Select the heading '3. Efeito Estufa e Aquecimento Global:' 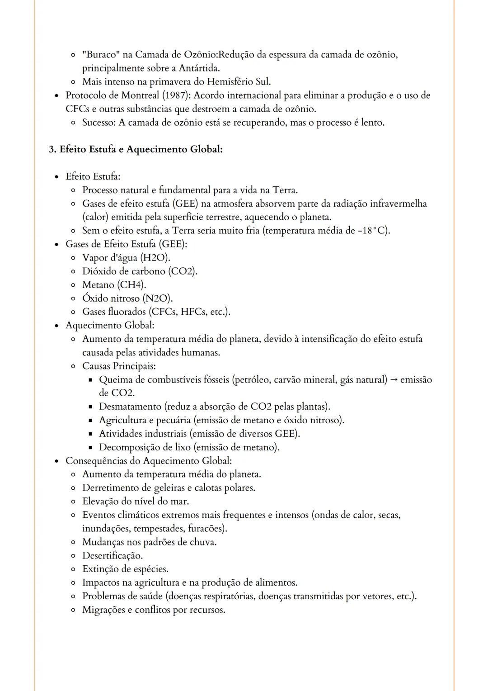[x=136, y=149]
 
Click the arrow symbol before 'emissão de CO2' [x=394, y=380]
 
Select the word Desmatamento [x=130, y=407]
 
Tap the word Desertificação [x=112, y=556]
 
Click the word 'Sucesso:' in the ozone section [x=99, y=123]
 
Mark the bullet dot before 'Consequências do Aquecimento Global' [x=56, y=461]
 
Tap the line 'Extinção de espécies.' [x=125, y=569]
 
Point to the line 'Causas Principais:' [x=119, y=366]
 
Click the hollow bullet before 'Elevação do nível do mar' [x=73, y=502]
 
